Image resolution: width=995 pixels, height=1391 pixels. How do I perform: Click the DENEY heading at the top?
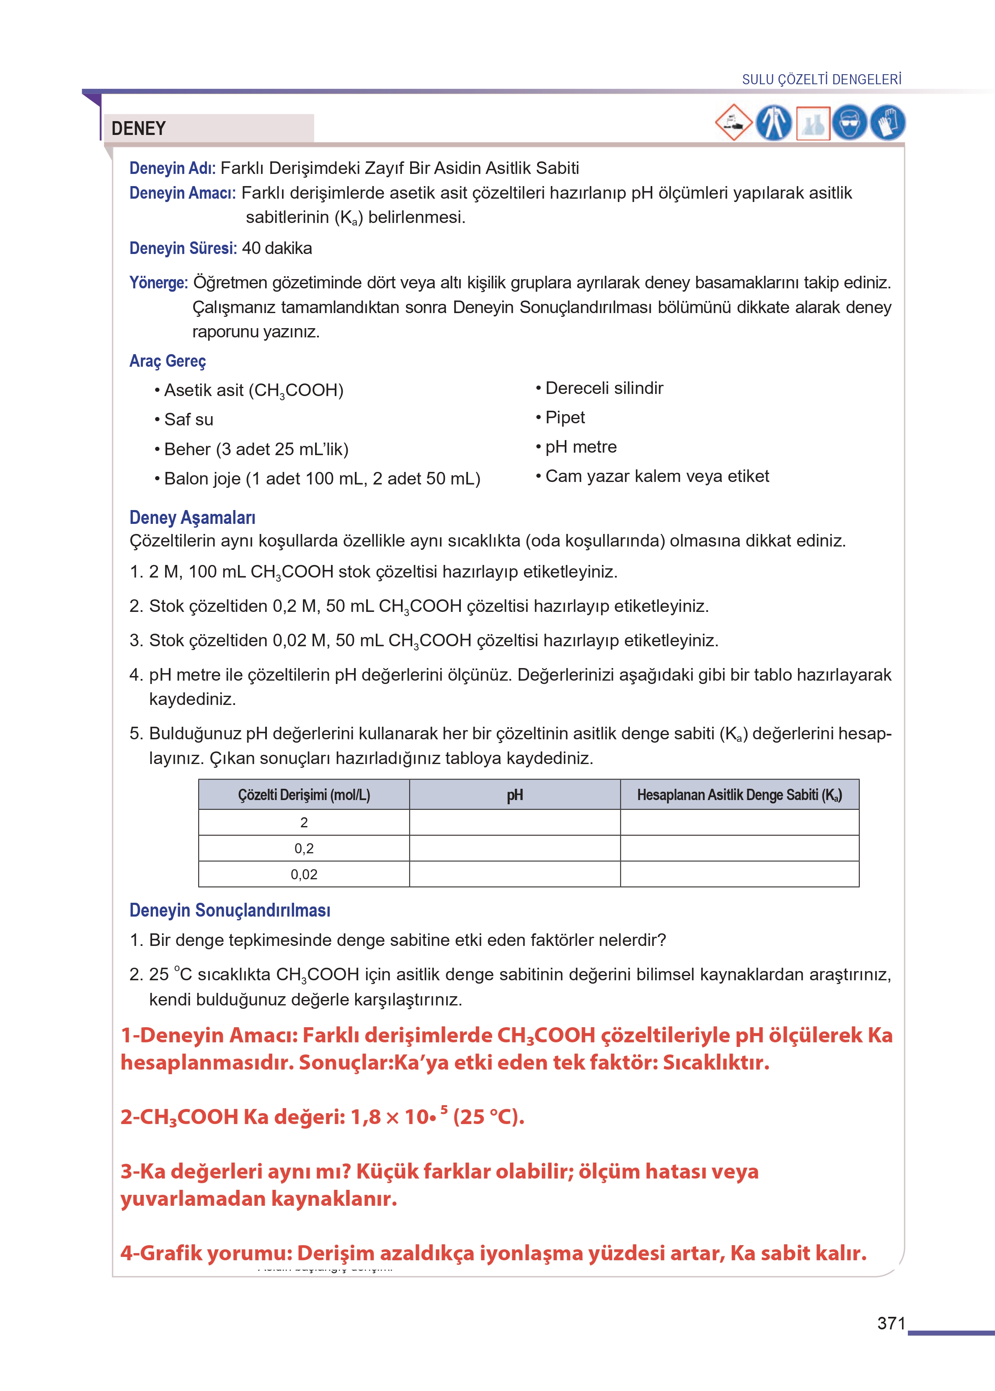[139, 128]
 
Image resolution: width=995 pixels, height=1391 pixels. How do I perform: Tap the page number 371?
[891, 1323]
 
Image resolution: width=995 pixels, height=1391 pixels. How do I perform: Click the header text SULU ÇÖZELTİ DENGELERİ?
[822, 80]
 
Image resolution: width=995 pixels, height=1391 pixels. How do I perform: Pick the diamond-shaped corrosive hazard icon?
[734, 122]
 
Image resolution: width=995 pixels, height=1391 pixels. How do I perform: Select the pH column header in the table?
[514, 795]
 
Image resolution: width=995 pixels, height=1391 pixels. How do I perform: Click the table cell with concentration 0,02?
[304, 874]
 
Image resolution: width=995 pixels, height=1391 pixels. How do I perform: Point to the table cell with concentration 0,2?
[304, 849]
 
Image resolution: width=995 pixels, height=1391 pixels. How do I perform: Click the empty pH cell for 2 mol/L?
[514, 822]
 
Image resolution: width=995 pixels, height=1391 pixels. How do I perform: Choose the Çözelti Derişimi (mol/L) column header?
[304, 795]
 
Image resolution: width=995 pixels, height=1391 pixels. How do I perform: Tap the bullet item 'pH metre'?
[580, 447]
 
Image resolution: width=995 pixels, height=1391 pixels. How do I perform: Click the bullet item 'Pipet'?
[565, 417]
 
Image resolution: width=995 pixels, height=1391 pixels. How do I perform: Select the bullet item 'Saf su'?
[188, 420]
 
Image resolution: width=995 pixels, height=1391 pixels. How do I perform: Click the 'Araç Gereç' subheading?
[167, 361]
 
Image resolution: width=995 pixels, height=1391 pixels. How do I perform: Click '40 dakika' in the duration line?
[277, 248]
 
